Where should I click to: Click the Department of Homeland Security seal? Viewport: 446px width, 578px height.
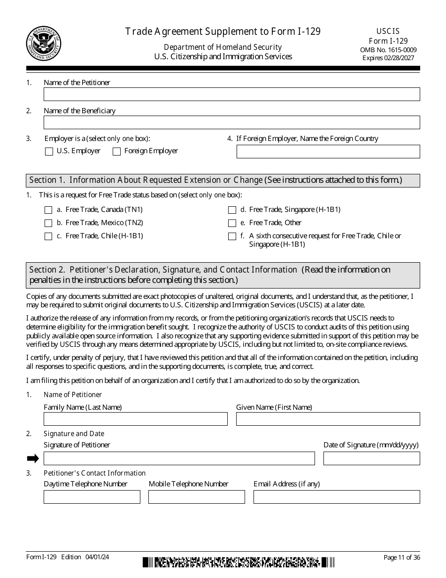[44, 44]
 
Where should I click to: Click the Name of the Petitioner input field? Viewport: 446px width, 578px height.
[231, 94]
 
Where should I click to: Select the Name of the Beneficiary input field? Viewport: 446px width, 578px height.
[231, 123]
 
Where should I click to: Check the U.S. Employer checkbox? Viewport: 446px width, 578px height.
[49, 151]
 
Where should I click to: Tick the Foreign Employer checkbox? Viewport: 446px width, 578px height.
[116, 151]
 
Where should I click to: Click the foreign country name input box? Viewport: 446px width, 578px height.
[328, 151]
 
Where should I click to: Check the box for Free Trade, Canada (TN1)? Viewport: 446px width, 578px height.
[48, 210]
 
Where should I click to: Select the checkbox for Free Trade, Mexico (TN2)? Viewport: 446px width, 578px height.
[48, 223]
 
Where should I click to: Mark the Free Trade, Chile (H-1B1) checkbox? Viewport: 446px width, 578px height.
[48, 236]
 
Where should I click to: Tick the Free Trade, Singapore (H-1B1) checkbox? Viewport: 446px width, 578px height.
[232, 210]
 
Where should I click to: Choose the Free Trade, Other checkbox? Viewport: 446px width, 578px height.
[232, 223]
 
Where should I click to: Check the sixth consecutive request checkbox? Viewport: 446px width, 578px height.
[232, 236]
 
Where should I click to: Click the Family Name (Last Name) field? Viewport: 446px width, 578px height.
[135, 419]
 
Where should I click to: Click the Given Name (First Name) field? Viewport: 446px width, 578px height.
[328, 419]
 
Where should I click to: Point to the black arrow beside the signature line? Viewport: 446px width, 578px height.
[32, 459]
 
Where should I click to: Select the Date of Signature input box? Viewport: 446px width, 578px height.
[371, 458]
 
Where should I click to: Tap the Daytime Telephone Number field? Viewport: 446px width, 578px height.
[92, 497]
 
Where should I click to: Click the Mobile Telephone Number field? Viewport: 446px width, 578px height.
[196, 497]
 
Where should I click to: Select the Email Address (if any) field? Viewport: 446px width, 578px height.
[336, 497]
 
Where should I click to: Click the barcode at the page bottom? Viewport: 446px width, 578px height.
[238, 562]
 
